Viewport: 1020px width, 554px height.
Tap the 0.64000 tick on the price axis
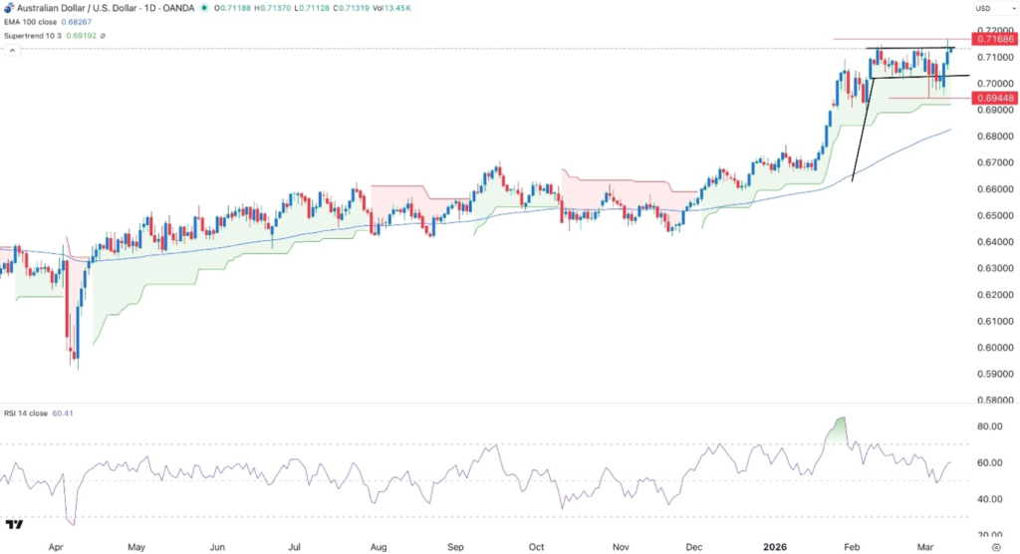tap(992, 242)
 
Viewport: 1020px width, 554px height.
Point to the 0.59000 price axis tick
tap(992, 375)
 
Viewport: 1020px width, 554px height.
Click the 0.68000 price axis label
tap(992, 137)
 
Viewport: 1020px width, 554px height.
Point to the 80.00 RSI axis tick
tap(990, 426)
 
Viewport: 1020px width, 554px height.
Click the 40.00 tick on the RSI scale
tap(990, 499)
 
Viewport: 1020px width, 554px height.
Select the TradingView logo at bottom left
tap(15, 525)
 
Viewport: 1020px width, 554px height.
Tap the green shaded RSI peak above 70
tap(841, 429)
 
